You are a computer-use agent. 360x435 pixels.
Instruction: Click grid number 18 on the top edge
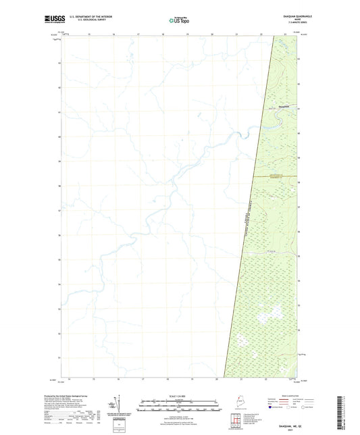click(163, 34)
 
